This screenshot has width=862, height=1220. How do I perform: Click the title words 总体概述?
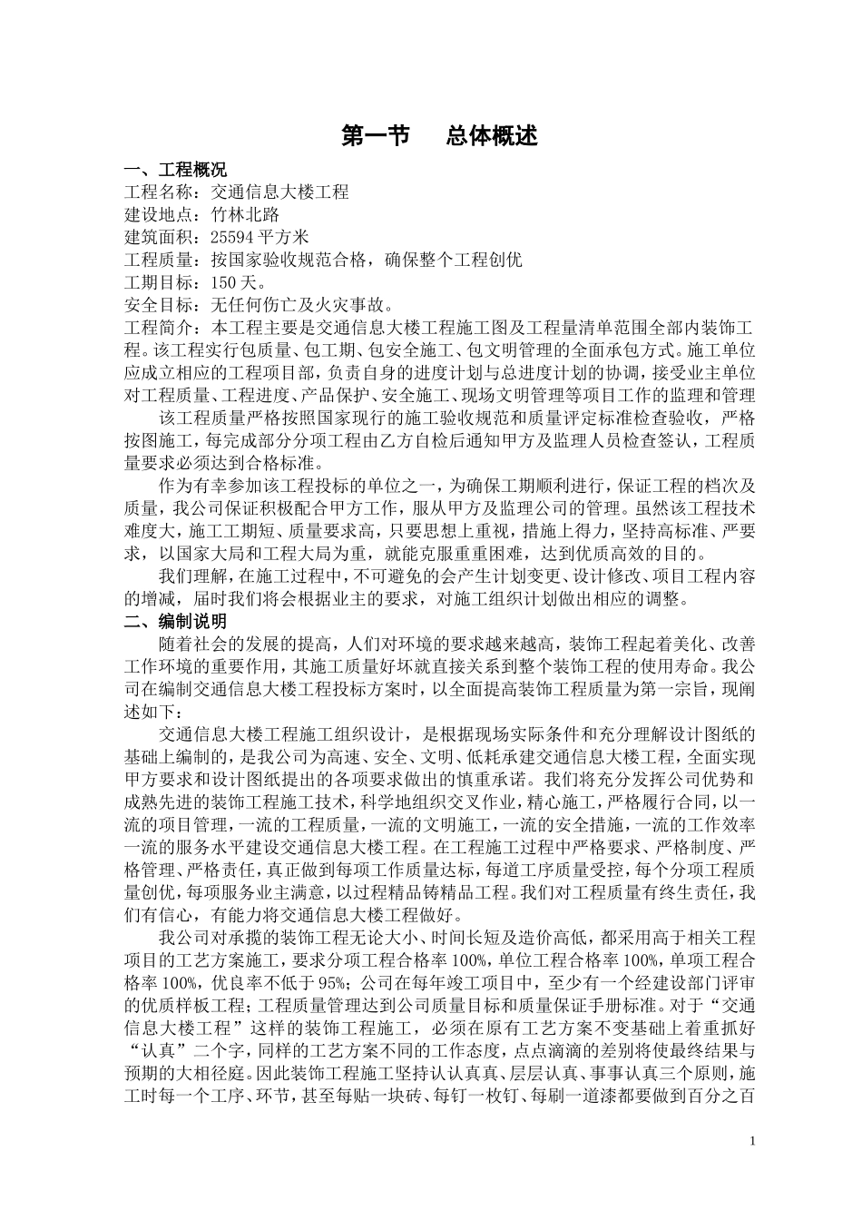click(x=492, y=136)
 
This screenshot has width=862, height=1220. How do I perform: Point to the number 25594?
click(x=231, y=238)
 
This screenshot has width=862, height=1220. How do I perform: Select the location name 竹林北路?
click(x=245, y=215)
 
